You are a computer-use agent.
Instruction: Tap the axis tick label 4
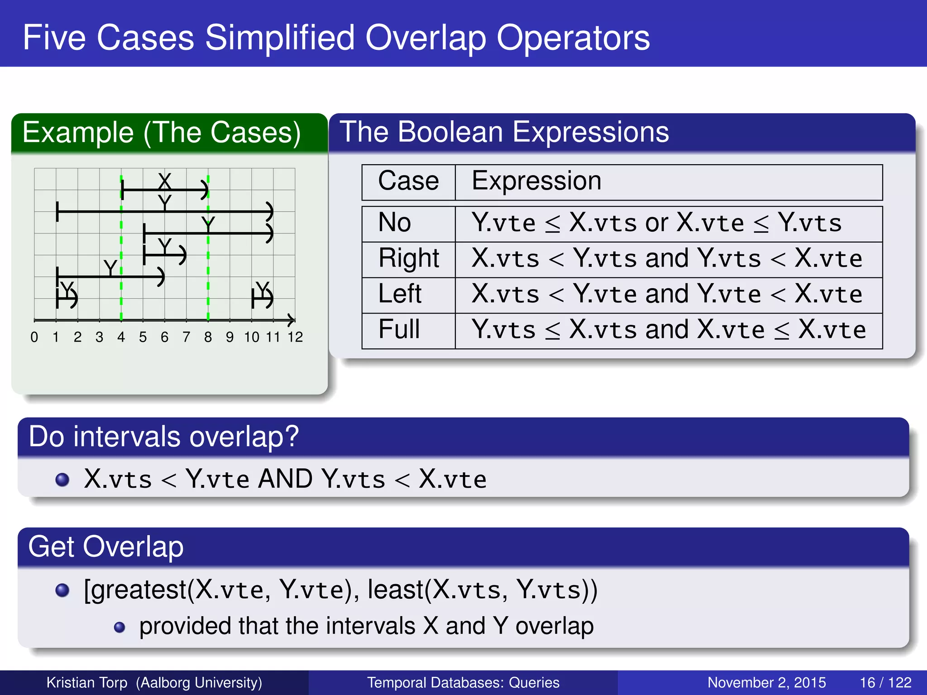click(x=121, y=337)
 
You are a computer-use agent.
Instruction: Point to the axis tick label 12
click(x=295, y=337)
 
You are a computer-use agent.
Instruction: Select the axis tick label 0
click(x=34, y=337)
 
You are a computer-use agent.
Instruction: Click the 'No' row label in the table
click(x=395, y=223)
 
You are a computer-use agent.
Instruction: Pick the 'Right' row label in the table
click(x=409, y=258)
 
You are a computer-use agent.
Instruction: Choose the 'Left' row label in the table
click(x=400, y=294)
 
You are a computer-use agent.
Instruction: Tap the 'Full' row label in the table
click(x=399, y=329)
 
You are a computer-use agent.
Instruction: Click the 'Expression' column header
click(x=536, y=181)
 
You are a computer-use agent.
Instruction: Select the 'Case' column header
click(x=408, y=181)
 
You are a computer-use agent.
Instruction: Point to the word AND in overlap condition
click(x=285, y=479)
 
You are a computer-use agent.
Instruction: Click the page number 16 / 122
click(x=885, y=682)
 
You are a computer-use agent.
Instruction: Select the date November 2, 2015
click(x=766, y=682)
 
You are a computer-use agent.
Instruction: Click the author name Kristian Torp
click(x=87, y=682)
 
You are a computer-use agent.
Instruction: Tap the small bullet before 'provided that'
click(x=119, y=627)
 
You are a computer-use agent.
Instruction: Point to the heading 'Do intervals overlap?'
click(x=163, y=437)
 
